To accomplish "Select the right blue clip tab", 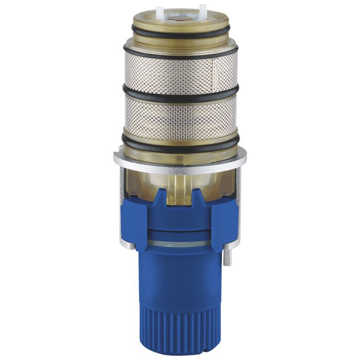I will click(x=224, y=221).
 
